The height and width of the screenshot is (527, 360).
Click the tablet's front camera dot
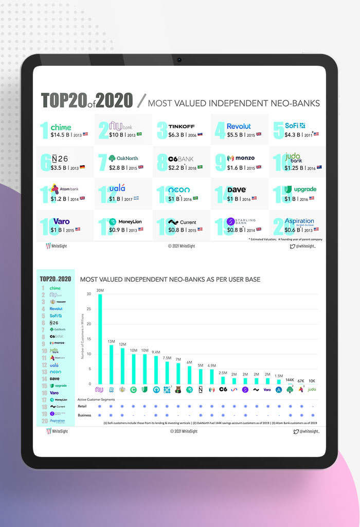pyautogui.click(x=179, y=60)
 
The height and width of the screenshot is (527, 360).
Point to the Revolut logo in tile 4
pyautogui.click(x=239, y=126)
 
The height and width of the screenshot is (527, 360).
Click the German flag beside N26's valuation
pyautogui.click(x=82, y=167)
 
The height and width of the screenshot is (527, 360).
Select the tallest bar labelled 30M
pyautogui.click(x=100, y=340)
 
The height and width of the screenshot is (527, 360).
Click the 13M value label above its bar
pyautogui.click(x=111, y=341)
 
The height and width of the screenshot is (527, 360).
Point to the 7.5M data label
pyautogui.click(x=167, y=358)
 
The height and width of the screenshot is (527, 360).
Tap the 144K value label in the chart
pyautogui.click(x=290, y=379)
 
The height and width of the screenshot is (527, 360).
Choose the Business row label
pyautogui.click(x=85, y=415)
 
